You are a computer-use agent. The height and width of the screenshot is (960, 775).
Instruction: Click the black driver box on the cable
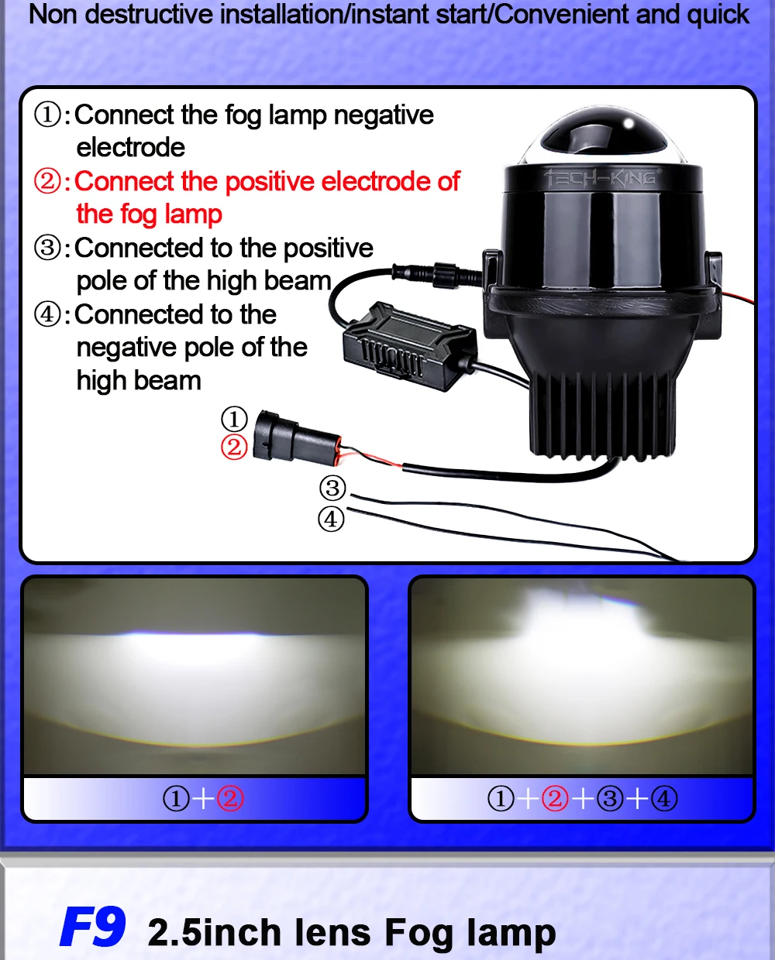click(x=408, y=346)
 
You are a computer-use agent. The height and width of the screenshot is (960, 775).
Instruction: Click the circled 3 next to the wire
click(x=332, y=488)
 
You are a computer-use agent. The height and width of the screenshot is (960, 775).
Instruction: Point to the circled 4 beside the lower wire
click(x=331, y=519)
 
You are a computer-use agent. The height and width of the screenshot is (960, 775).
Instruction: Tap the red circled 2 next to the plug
click(x=234, y=447)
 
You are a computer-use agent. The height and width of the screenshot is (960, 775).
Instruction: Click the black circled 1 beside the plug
click(x=234, y=419)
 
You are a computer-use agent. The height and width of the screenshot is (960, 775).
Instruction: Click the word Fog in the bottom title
click(x=418, y=933)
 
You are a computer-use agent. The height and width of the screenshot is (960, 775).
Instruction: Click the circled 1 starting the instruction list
click(x=47, y=115)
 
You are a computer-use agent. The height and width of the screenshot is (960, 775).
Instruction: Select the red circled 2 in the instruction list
click(x=47, y=181)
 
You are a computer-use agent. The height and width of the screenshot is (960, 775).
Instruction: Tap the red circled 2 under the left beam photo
click(x=230, y=798)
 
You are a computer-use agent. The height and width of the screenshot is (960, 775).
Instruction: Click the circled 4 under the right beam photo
click(x=664, y=798)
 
